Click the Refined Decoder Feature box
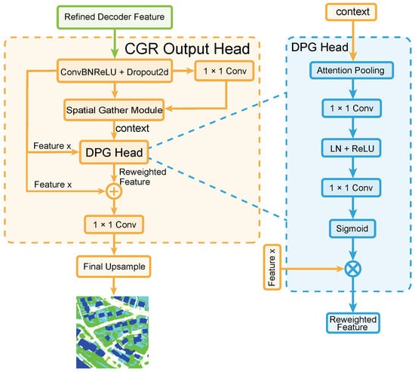115,17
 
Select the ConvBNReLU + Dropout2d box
115,71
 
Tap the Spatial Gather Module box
114,110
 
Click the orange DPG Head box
114,152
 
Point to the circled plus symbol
114,191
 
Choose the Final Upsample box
114,267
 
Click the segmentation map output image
112,332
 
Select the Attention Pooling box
351,70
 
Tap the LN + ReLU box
352,148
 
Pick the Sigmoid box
352,228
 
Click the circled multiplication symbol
353,269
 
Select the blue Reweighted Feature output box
353,323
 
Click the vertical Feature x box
272,267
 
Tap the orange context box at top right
351,12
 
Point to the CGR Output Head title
187,49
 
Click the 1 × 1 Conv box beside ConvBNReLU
224,71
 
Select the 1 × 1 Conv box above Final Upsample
114,224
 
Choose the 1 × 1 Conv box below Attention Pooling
352,108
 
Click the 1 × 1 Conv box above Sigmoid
351,188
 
